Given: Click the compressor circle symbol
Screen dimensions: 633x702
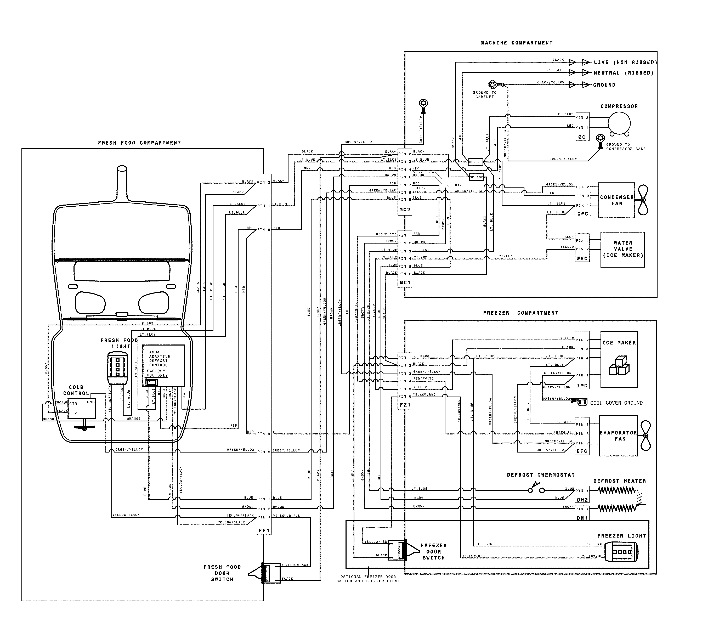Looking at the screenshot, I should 619,122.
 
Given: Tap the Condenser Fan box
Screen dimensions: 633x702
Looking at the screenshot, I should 616,200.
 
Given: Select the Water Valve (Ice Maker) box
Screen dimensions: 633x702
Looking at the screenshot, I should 622,249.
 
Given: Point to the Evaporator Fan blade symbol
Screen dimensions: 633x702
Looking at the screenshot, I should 645,436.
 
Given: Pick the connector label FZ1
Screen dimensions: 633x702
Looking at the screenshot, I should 405,405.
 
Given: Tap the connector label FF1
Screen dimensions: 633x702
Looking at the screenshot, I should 264,531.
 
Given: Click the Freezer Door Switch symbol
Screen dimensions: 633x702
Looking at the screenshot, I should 400,551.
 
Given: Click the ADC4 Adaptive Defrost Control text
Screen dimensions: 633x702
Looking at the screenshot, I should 160,359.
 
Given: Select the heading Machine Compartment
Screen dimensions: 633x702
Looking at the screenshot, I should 517,43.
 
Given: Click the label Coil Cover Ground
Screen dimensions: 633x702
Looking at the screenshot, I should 616,403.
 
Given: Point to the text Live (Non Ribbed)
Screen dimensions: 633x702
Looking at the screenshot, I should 625,63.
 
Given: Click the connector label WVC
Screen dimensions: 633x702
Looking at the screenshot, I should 582,258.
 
